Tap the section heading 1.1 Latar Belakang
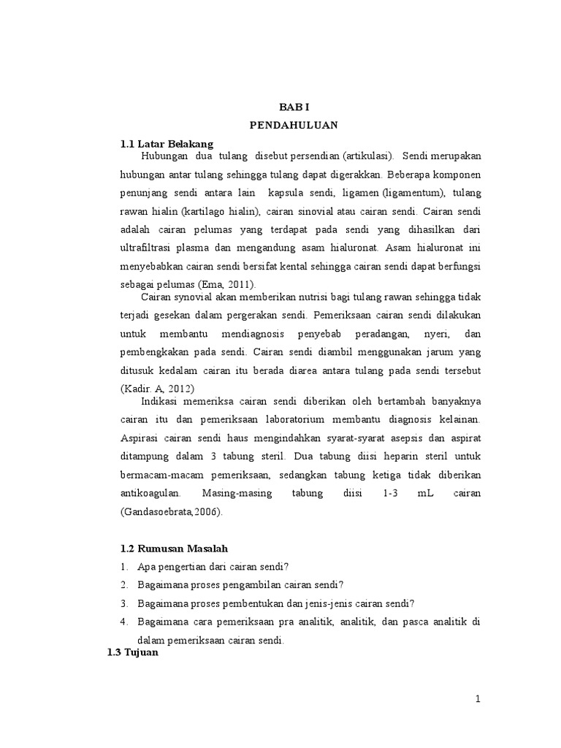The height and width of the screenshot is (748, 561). [167, 144]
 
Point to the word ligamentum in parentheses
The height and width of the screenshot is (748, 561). [412, 194]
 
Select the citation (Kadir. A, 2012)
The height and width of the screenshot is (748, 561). [159, 388]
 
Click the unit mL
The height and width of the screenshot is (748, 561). [426, 494]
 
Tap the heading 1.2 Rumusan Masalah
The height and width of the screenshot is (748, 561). [179, 549]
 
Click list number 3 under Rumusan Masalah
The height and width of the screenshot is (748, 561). [123, 603]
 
